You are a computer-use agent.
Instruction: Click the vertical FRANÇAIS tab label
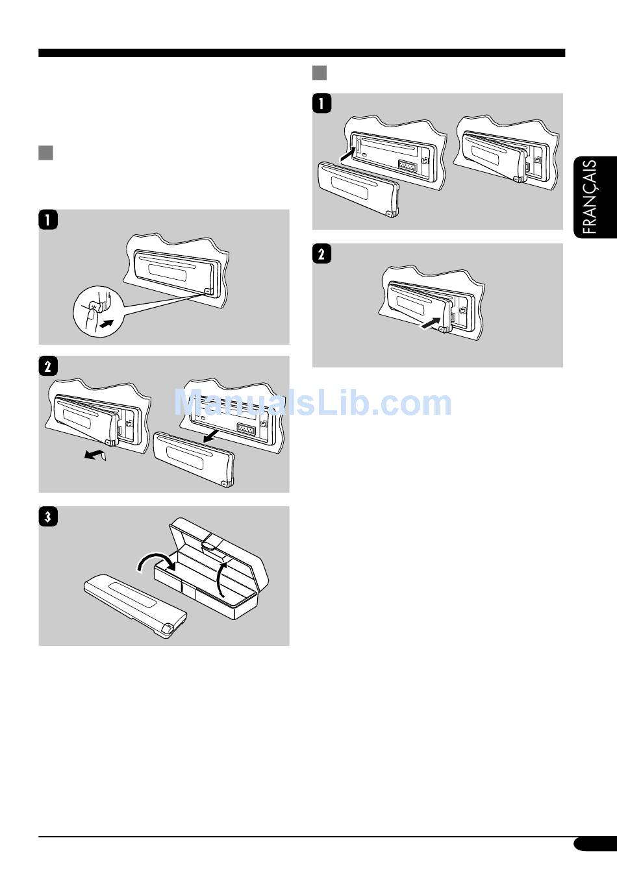(x=590, y=197)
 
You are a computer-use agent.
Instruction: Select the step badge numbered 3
(x=48, y=517)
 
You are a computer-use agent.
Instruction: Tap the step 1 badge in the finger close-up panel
(x=48, y=219)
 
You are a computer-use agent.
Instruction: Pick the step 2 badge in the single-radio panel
(x=321, y=254)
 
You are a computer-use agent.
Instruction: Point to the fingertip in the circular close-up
(x=92, y=315)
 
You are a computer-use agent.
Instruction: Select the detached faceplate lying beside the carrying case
(x=135, y=606)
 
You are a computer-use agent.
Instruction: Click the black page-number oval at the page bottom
(x=595, y=844)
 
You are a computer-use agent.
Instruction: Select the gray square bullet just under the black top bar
(x=320, y=73)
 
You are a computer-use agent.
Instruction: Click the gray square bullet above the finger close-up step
(x=45, y=153)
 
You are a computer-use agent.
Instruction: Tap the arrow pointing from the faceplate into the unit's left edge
(x=347, y=154)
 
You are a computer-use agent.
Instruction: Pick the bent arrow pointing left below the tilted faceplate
(x=95, y=454)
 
